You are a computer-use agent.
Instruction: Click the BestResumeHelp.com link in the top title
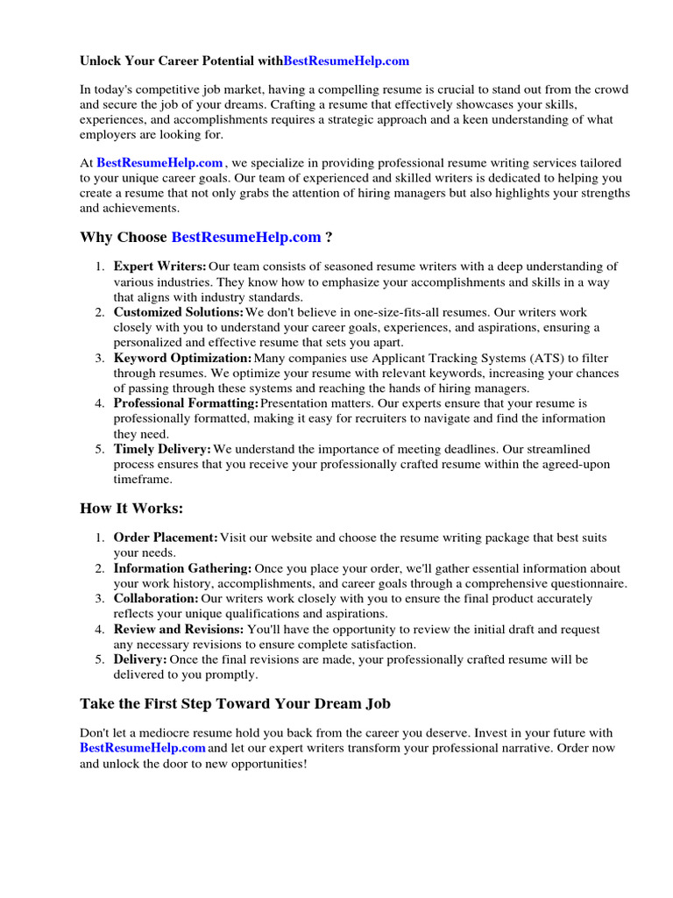pyautogui.click(x=347, y=61)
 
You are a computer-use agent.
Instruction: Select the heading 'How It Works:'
pyautogui.click(x=131, y=509)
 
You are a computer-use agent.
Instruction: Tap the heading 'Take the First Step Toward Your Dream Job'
pyautogui.click(x=235, y=703)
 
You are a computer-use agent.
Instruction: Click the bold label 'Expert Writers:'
pyautogui.click(x=160, y=267)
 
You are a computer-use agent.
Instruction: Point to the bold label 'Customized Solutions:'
pyautogui.click(x=179, y=312)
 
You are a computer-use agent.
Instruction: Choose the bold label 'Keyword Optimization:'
pyautogui.click(x=182, y=358)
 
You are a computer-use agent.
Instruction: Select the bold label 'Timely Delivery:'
pyautogui.click(x=163, y=449)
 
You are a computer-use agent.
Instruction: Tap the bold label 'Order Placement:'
pyautogui.click(x=166, y=538)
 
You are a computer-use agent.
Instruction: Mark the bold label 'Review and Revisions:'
pyautogui.click(x=179, y=630)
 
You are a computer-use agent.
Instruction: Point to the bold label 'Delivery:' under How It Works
pyautogui.click(x=140, y=659)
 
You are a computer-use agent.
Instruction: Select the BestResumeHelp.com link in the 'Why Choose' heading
pyautogui.click(x=246, y=238)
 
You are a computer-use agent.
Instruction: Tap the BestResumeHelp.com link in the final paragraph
pyautogui.click(x=143, y=748)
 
